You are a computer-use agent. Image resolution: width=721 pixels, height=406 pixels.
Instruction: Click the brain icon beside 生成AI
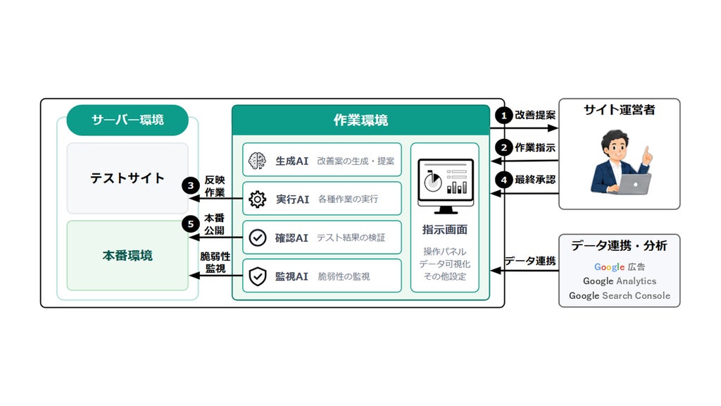[x=257, y=161]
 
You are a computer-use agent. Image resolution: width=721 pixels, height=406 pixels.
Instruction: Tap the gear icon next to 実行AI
[x=257, y=199]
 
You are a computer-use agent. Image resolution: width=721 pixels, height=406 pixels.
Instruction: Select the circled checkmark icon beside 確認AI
[x=258, y=238]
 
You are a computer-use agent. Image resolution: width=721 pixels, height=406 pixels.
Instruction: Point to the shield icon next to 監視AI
[x=258, y=276]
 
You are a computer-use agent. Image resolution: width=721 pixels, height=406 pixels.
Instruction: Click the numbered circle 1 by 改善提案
[x=504, y=115]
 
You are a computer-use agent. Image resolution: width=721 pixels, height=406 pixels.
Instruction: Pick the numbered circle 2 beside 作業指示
[x=504, y=148]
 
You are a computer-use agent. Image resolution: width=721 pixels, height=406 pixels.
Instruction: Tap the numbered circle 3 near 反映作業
[x=190, y=186]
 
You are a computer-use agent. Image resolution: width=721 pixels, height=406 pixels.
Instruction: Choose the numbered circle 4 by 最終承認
[x=504, y=180]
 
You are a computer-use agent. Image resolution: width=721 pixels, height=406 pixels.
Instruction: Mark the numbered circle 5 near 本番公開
[x=190, y=224]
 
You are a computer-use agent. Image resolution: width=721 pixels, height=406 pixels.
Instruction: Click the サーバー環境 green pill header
[x=127, y=120]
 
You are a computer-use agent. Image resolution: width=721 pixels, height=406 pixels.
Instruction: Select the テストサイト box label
[x=127, y=178]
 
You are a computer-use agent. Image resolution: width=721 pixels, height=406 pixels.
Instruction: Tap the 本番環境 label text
[x=127, y=255]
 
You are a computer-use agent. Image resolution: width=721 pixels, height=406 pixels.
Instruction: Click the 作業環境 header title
[x=361, y=120]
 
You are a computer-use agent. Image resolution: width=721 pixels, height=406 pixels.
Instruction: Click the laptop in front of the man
[x=634, y=184]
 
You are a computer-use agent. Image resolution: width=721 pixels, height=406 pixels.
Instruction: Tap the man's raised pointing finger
[x=647, y=152]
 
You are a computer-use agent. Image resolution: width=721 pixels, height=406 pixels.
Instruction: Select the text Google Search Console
[x=620, y=295]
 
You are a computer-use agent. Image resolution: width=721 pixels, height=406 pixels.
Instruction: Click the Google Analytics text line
[x=620, y=281]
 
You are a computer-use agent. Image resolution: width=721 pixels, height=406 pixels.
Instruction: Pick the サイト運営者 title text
[x=620, y=110]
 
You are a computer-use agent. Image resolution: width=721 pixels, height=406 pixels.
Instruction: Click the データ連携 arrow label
[x=530, y=261]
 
